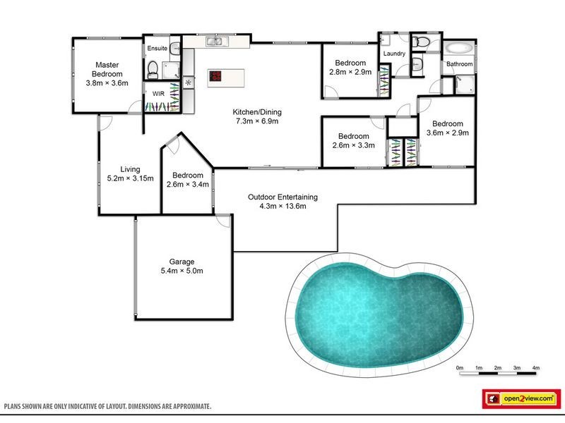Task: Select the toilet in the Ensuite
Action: click(153, 68)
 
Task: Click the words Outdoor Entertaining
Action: click(282, 197)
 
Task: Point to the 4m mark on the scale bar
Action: click(535, 368)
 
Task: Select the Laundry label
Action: click(393, 54)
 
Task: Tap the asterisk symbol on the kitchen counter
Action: click(188, 83)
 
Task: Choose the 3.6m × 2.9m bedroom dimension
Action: click(446, 132)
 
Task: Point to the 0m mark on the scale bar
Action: click(459, 368)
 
